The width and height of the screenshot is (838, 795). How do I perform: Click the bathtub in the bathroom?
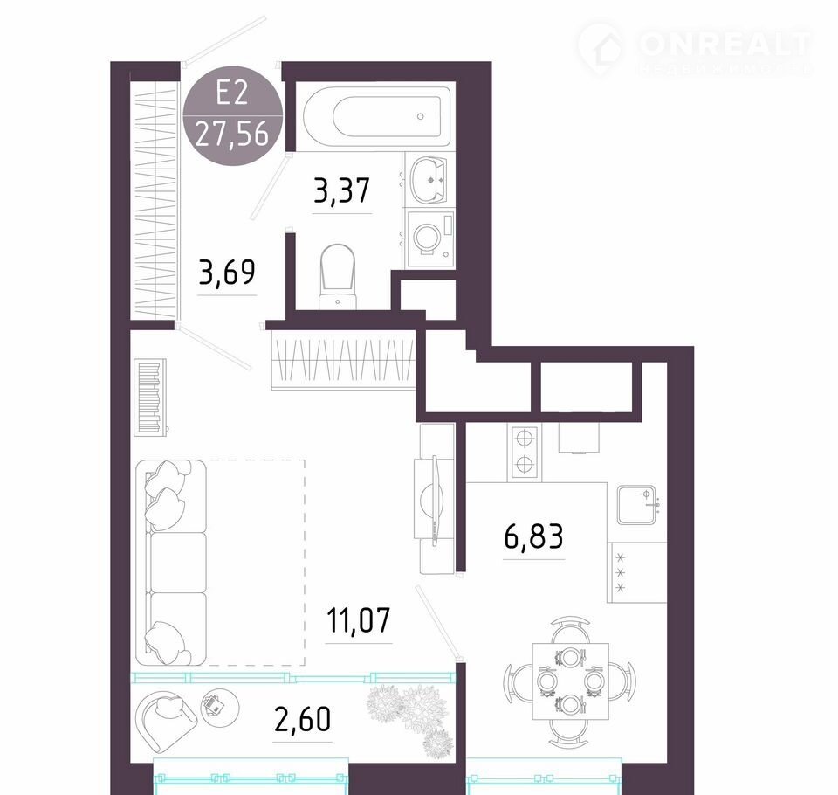click(376, 116)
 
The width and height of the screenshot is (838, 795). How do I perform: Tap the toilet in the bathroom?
click(337, 277)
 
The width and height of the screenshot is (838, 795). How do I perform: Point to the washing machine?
click(430, 238)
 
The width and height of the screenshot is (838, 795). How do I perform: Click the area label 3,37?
click(341, 191)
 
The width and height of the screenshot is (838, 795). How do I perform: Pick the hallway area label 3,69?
click(227, 273)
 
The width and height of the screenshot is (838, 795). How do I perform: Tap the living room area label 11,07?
click(358, 620)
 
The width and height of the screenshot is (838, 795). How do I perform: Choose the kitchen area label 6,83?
click(533, 536)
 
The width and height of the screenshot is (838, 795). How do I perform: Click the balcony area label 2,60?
click(303, 719)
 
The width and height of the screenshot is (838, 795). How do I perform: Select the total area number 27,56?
click(232, 133)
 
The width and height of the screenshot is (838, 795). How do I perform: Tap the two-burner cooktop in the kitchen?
click(525, 452)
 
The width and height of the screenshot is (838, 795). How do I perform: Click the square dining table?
click(570, 681)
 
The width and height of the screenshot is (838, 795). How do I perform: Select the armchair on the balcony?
click(166, 720)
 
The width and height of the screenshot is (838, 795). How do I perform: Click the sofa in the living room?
click(171, 563)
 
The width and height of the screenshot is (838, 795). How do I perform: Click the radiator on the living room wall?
click(151, 397)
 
